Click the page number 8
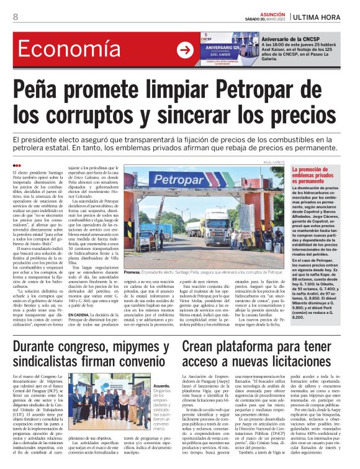pos(16,17)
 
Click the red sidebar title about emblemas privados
pos(330,174)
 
